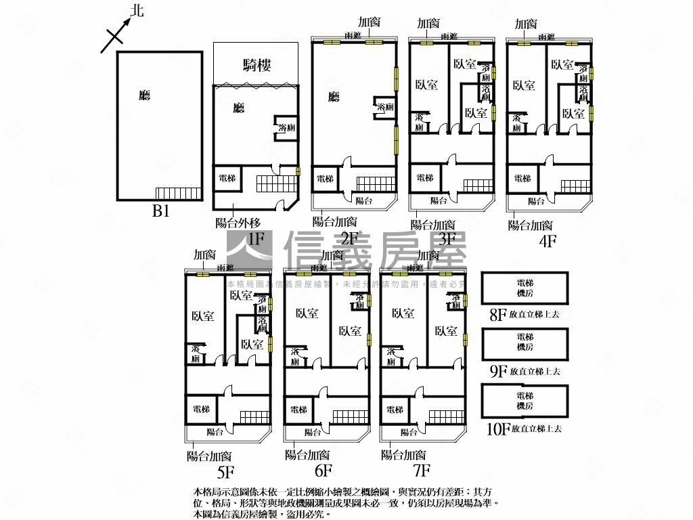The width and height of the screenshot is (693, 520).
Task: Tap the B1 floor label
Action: tap(160, 211)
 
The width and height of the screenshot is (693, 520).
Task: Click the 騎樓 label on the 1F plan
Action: tap(256, 65)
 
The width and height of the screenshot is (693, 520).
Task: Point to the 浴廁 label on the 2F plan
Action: tap(385, 108)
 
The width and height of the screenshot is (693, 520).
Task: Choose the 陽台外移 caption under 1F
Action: tap(238, 222)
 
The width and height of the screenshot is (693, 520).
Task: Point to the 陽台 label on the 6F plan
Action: tap(313, 432)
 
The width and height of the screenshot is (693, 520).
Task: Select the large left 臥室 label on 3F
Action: tap(426, 85)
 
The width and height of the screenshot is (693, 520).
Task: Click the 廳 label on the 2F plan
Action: tap(333, 97)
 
